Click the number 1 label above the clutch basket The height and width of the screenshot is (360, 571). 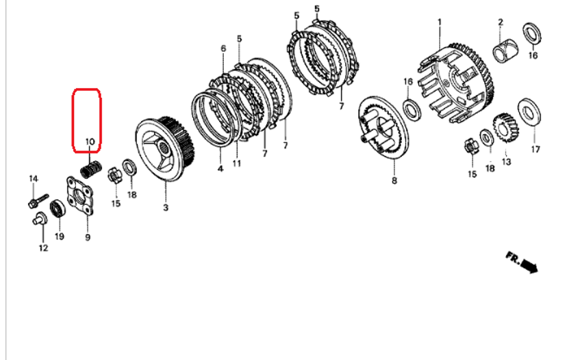click(440, 22)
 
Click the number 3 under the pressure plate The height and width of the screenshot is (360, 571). click(166, 207)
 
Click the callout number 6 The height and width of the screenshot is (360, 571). click(223, 50)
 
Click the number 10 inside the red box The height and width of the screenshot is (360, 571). click(90, 141)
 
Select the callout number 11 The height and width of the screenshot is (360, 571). click(236, 163)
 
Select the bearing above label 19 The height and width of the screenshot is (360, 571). click(59, 209)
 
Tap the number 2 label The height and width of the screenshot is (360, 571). click(500, 22)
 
